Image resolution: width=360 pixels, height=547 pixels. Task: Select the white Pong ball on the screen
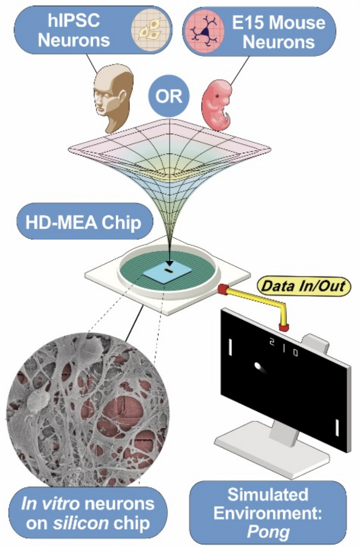pos(258,366)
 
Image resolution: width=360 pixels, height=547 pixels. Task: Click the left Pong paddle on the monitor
pos(230,346)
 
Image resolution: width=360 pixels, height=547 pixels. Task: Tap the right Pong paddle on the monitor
pos(337,427)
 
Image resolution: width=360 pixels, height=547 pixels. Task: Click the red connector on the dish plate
pos(222,289)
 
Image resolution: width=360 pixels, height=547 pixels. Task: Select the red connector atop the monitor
pos(284,326)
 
